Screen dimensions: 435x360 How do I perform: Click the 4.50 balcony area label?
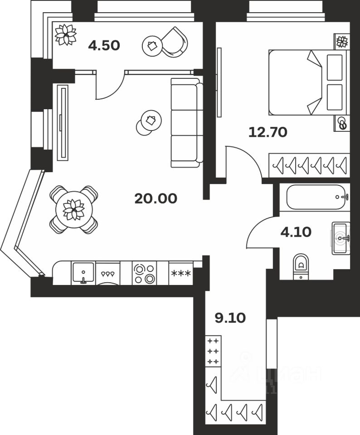pos(104,45)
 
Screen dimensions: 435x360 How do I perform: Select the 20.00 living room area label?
pos(156,198)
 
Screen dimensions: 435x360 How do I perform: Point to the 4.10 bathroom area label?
pos(296,232)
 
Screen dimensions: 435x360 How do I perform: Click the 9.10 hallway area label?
pos(230,318)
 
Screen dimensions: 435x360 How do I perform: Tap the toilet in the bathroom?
pos(300,265)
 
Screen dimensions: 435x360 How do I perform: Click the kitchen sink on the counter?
pos(83,273)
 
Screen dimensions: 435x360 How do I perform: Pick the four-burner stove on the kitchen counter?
pos(144,273)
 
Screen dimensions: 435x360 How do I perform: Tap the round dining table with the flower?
pos(73,210)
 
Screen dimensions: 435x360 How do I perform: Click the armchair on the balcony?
pos(172,43)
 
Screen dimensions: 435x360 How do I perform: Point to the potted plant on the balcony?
pos(65,34)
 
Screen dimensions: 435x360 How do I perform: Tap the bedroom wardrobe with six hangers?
pos(309,165)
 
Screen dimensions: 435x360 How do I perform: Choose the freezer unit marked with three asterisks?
pos(180,273)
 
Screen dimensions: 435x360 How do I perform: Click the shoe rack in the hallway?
pos(213,351)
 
